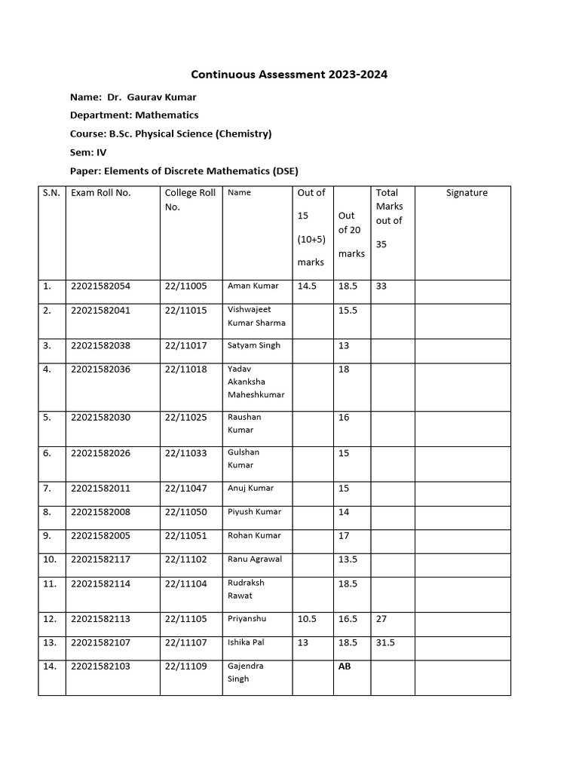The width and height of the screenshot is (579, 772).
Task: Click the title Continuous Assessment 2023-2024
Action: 289,75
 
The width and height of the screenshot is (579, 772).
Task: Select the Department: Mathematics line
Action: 134,115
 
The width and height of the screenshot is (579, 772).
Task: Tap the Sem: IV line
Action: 88,152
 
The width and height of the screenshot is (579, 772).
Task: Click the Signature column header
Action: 467,193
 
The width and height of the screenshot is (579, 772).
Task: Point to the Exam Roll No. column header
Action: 100,193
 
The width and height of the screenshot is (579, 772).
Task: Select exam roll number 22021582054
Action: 100,286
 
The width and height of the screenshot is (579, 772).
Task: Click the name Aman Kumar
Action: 253,286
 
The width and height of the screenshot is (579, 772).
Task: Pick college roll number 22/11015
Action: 185,310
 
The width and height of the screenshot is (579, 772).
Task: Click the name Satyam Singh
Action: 253,345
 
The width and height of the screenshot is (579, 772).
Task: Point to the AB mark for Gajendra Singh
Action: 345,666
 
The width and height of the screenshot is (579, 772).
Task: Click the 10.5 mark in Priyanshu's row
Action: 307,619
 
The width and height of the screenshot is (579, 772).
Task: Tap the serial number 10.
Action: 50,559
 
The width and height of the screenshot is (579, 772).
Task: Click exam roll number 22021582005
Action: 100,536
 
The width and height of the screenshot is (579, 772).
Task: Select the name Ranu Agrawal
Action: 254,559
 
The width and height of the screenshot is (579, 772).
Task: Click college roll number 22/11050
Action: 185,512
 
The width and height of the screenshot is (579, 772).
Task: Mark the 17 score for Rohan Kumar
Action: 344,536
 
